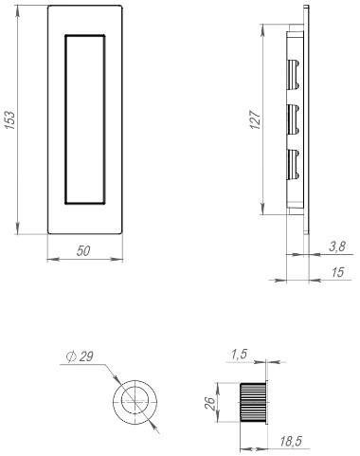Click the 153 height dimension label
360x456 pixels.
click(x=9, y=120)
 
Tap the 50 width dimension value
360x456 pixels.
click(x=83, y=251)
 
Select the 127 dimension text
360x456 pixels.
click(x=255, y=119)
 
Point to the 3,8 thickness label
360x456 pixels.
click(x=337, y=246)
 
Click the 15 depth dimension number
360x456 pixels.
click(x=337, y=272)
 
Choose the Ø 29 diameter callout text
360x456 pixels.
click(x=80, y=356)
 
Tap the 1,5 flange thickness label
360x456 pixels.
click(x=239, y=355)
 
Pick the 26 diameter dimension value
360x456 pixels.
click(x=209, y=403)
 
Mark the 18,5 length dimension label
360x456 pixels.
click(x=291, y=441)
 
